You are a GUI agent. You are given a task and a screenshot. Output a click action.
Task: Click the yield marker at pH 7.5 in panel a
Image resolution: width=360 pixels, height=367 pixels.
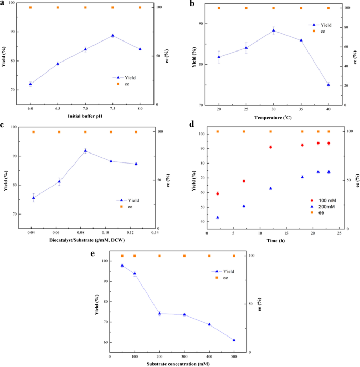pyautogui.click(x=112, y=36)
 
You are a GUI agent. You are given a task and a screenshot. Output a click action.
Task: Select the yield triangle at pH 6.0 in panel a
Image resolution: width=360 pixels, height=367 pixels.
pyautogui.click(x=30, y=84)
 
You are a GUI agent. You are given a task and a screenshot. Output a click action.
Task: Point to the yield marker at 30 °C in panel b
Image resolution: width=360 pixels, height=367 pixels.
pyautogui.click(x=273, y=30)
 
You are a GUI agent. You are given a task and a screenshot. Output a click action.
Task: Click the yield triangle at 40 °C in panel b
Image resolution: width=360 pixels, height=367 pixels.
pyautogui.click(x=328, y=84)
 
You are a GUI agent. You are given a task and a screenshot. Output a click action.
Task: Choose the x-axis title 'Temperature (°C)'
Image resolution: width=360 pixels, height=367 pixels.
pyautogui.click(x=274, y=117)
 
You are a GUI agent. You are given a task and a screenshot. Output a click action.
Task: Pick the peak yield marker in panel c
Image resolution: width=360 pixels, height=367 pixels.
pyautogui.click(x=85, y=151)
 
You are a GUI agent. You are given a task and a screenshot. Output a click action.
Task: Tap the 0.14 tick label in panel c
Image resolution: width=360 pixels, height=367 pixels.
pyautogui.click(x=155, y=232)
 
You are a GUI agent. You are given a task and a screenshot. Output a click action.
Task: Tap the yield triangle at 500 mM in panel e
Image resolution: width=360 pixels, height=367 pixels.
pyautogui.click(x=234, y=340)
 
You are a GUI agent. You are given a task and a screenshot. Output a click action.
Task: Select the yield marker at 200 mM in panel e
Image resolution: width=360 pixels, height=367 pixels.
pyautogui.click(x=160, y=313)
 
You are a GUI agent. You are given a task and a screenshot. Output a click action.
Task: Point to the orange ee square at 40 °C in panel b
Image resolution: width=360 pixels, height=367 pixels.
pyautogui.click(x=328, y=8)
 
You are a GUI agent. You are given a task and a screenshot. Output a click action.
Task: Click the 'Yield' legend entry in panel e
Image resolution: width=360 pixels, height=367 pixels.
pyautogui.click(x=228, y=271)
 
